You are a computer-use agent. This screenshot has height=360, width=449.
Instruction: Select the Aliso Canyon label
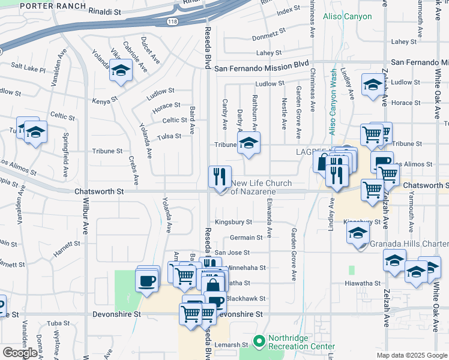pyautogui.click(x=347, y=16)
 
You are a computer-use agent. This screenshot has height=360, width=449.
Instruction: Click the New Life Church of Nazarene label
pyautogui.click(x=262, y=187)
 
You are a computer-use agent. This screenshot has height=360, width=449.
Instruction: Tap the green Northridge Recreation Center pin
pyautogui.click(x=259, y=343)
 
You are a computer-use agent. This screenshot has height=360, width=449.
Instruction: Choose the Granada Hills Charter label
pyautogui.click(x=408, y=244)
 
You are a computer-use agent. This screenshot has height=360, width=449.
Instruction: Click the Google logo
pyautogui.click(x=20, y=352)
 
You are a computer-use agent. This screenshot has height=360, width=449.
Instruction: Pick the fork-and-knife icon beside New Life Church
pyautogui.click(x=220, y=177)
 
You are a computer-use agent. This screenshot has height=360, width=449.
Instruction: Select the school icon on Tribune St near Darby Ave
pyautogui.click(x=249, y=143)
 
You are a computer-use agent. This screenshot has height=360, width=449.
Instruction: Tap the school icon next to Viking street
pyautogui.click(x=121, y=71)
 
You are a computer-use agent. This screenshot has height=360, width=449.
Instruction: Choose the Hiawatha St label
pyautogui.click(x=363, y=283)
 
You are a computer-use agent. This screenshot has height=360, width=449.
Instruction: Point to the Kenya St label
pyautogui.click(x=104, y=101)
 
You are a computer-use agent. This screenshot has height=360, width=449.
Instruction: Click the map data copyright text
pyautogui.click(x=411, y=355)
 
